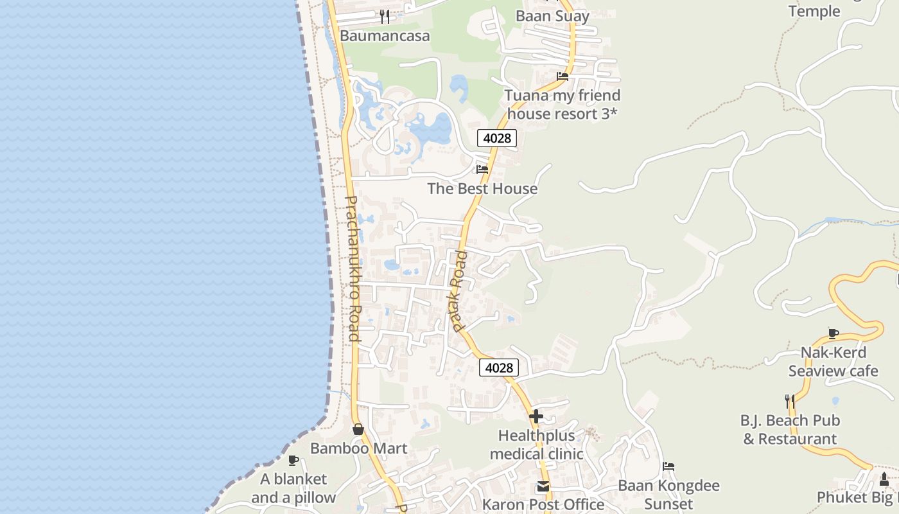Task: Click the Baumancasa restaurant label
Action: (x=385, y=36)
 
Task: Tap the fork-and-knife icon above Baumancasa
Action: (x=385, y=17)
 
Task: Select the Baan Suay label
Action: (x=552, y=16)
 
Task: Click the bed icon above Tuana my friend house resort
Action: (x=563, y=76)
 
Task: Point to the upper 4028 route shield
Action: (x=496, y=138)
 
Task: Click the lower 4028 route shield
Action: (x=499, y=368)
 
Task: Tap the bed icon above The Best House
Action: (x=482, y=170)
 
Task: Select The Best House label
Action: (x=482, y=189)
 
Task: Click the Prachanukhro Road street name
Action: (x=353, y=268)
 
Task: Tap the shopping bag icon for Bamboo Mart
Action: (x=358, y=429)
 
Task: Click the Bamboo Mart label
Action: (x=358, y=448)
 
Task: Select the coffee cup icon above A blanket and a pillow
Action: (x=293, y=460)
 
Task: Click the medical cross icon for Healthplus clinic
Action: (x=536, y=416)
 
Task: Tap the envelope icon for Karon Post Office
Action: (x=543, y=486)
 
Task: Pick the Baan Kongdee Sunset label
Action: (x=668, y=494)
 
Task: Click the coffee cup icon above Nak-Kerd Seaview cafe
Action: (x=833, y=333)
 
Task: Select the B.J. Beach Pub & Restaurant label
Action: (x=790, y=430)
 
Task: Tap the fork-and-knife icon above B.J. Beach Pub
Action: (x=790, y=402)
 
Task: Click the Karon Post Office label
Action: (x=543, y=504)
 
